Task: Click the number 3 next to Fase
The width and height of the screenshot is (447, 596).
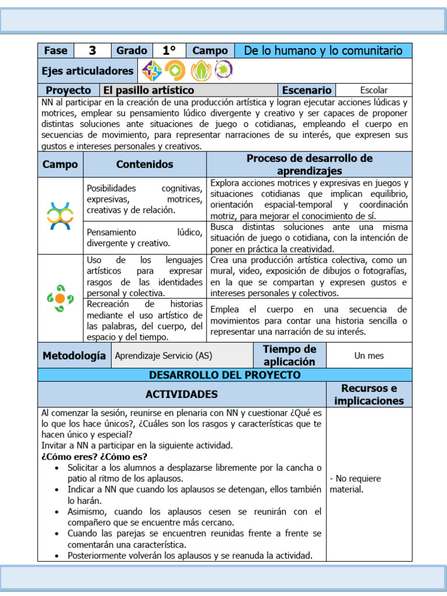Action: pos(92,51)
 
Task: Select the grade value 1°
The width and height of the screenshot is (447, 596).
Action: pos(169,51)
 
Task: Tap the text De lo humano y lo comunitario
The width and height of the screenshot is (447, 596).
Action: pos(323,51)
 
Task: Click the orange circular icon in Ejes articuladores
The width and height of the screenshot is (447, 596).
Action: pos(175,71)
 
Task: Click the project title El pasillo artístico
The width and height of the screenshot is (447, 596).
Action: pos(148,90)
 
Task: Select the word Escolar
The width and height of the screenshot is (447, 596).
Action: pos(374,90)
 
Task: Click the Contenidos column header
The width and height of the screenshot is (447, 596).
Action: pos(145,165)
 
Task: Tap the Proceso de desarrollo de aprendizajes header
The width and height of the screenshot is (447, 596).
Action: pos(309,165)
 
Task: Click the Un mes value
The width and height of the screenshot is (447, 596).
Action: pos(369,355)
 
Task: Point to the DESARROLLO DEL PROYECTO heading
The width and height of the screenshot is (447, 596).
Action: pos(225,375)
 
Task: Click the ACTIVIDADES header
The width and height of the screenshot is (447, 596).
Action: pos(182,394)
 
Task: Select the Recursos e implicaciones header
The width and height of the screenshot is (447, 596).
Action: pos(368,394)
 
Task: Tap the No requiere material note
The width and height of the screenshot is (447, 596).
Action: pos(355,484)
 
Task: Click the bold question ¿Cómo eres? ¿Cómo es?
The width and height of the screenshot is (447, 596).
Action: pos(94,456)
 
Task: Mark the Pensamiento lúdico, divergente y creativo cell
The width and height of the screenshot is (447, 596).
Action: pos(144,237)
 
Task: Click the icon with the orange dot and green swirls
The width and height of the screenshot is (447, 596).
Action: pos(60,299)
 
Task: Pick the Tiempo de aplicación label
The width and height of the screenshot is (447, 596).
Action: pos(289,355)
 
